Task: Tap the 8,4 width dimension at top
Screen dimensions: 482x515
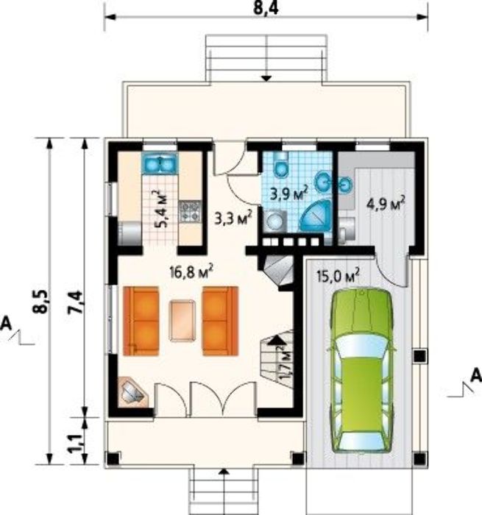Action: click(x=266, y=9)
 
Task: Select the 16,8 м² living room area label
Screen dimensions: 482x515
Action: click(x=192, y=271)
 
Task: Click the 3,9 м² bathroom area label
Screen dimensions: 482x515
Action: click(x=289, y=193)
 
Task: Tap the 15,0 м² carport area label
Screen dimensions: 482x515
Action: click(x=339, y=276)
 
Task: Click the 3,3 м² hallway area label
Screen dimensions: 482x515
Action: click(x=233, y=218)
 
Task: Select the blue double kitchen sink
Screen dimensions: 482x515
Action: click(x=160, y=163)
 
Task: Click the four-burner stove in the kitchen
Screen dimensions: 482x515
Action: click(x=190, y=212)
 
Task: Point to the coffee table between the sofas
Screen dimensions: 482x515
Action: click(x=182, y=321)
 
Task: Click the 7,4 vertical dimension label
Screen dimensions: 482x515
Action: click(x=77, y=304)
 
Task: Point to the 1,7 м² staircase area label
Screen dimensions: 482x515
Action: click(x=286, y=362)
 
